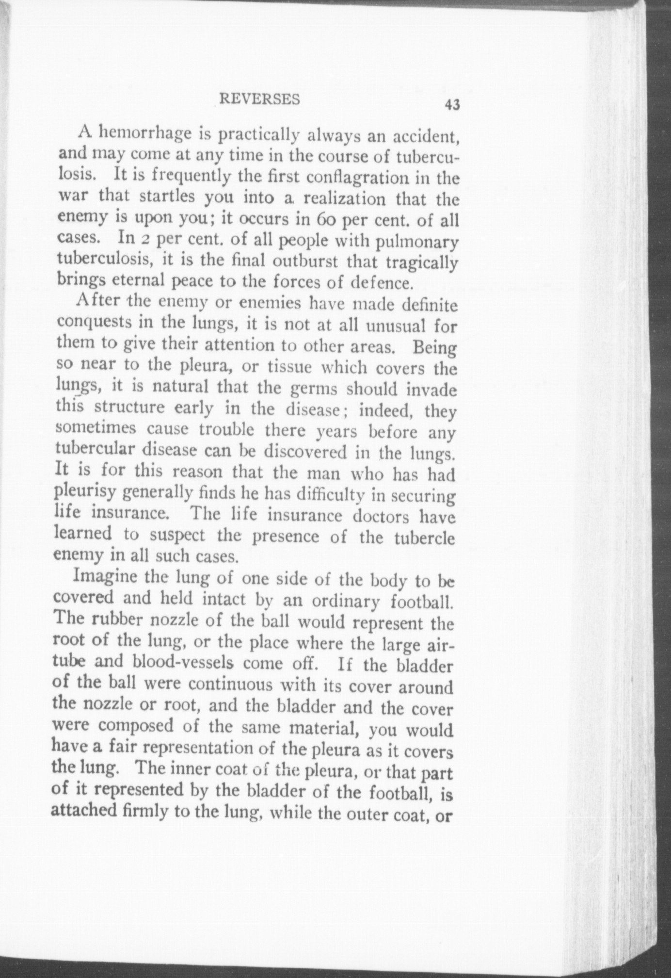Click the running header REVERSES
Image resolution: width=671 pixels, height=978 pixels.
[x=259, y=99]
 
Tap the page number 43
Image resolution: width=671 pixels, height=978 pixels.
[x=452, y=105]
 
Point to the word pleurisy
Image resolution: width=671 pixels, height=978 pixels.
[x=86, y=493]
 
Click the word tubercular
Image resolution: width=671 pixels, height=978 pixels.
[x=95, y=449]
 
